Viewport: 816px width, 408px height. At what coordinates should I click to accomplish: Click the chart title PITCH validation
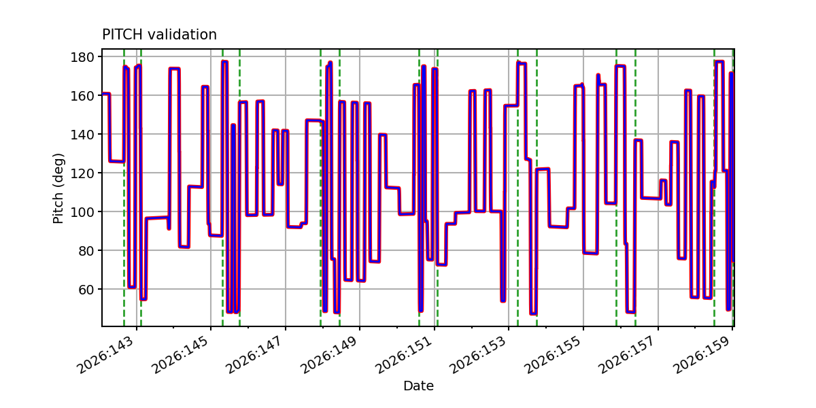tap(159, 35)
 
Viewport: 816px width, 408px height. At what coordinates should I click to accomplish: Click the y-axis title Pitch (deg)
tap(58, 188)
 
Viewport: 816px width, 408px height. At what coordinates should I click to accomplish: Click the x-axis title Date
tap(418, 386)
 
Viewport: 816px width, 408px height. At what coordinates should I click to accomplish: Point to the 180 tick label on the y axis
tap(82, 57)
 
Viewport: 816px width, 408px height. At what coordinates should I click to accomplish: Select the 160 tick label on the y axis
tap(82, 96)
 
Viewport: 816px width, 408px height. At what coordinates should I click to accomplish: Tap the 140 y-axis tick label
tap(82, 135)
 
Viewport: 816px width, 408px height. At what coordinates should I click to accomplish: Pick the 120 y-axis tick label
tap(82, 173)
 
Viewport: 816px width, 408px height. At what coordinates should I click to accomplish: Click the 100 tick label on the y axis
tap(82, 212)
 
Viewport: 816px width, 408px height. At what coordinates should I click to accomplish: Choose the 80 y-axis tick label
tap(86, 251)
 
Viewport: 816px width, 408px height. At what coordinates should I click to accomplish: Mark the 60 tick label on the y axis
tap(86, 290)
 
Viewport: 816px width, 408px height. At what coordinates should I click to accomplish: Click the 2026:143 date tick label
tap(107, 355)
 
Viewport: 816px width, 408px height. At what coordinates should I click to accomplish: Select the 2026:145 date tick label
tap(181, 355)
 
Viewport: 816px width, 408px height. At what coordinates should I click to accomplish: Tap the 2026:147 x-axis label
tap(256, 355)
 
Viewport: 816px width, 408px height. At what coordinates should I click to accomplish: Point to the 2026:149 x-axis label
tap(330, 355)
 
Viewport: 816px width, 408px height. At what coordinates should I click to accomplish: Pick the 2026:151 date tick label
tap(405, 355)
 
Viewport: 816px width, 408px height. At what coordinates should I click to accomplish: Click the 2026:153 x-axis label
tap(479, 355)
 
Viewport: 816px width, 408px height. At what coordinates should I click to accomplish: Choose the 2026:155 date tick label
tap(554, 355)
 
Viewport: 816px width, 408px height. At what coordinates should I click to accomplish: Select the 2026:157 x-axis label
tap(628, 355)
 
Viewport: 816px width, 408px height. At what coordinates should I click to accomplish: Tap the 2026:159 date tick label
tap(702, 355)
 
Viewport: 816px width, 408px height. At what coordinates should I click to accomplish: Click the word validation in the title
tap(182, 35)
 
